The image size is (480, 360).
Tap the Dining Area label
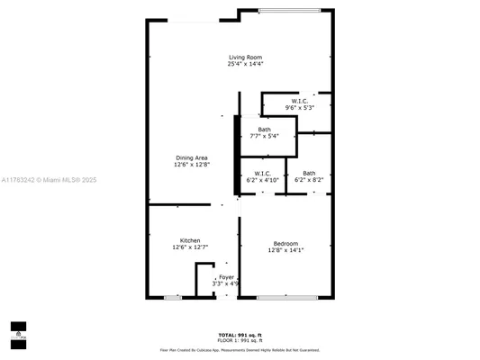pos(191,157)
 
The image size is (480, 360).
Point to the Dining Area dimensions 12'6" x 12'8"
pos(191,165)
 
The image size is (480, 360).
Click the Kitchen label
pos(190,240)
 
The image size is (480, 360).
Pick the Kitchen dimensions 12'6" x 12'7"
pos(190,247)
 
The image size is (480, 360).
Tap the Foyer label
pos(226,276)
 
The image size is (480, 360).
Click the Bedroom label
pos(286,243)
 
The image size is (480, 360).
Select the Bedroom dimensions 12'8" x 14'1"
pos(286,250)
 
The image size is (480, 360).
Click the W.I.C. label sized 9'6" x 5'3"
pos(300,100)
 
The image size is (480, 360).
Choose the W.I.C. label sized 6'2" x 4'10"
pos(263,173)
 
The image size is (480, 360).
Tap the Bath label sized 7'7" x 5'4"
pos(264,130)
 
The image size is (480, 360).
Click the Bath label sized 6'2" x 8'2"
pos(309,173)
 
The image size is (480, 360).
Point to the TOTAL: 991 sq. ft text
pos(240,334)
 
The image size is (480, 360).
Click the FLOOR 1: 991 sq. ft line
pos(240,340)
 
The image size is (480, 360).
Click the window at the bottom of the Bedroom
pos(286,297)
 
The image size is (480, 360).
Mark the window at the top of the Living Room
pos(289,11)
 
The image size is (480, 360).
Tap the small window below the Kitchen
pos(173,297)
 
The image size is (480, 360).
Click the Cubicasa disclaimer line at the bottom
pos(240,349)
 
